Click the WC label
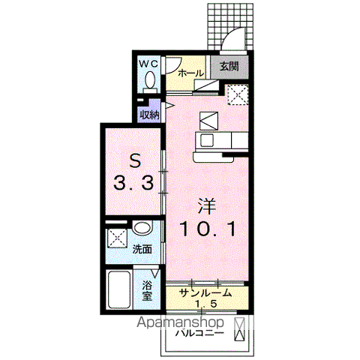pyautogui.click(x=148, y=64)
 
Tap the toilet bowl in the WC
pyautogui.click(x=150, y=79)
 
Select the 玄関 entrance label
pyautogui.click(x=229, y=67)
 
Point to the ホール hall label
pyautogui.click(x=190, y=73)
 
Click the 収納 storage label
pyautogui.click(x=149, y=115)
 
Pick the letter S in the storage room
pyautogui.click(x=135, y=160)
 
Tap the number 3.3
pyautogui.click(x=133, y=182)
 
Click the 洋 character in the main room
pyautogui.click(x=207, y=206)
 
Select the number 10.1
pyautogui.click(x=208, y=229)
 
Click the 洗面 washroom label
pyautogui.click(x=142, y=249)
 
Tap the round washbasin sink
pyautogui.click(x=142, y=227)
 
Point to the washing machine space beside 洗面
pyautogui.click(x=118, y=238)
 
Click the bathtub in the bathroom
pyautogui.click(x=119, y=290)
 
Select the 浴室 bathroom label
pyautogui.click(x=147, y=290)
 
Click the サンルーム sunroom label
pyautogui.click(x=205, y=292)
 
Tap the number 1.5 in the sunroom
pyautogui.click(x=205, y=304)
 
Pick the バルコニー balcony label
pyautogui.click(x=199, y=333)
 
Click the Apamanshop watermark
pyautogui.click(x=180, y=322)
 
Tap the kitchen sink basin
pyautogui.click(x=207, y=140)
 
